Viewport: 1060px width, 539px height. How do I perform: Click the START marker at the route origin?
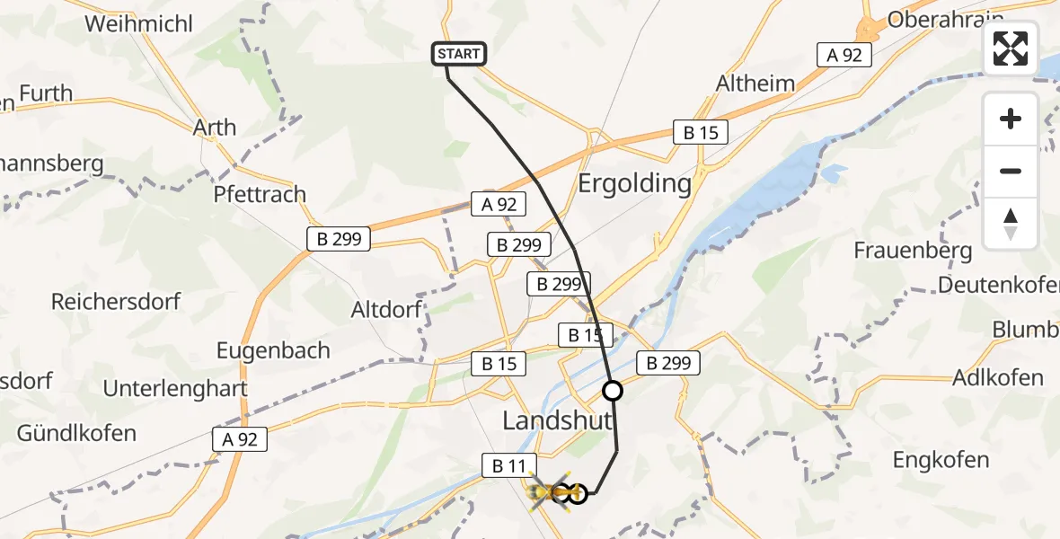pos(459,54)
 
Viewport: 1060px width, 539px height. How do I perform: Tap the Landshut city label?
pos(558,420)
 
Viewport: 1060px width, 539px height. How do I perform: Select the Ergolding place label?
pos(634,184)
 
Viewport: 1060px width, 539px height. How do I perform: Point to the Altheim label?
pos(755,84)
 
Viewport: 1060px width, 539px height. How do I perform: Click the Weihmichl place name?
pos(138,23)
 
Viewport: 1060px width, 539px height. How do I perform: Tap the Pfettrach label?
pos(260,194)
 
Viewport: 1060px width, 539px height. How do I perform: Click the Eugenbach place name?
pos(273,350)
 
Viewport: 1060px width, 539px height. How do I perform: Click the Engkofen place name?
pos(941,461)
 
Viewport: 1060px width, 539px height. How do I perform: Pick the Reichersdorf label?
pos(116,301)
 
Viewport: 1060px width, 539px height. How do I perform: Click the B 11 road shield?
pos(509,465)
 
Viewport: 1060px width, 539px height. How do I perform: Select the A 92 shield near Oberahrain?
pos(844,55)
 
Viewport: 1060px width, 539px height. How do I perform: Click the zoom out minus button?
pos(1011,171)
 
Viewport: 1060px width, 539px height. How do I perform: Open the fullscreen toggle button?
pos(1011,49)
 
